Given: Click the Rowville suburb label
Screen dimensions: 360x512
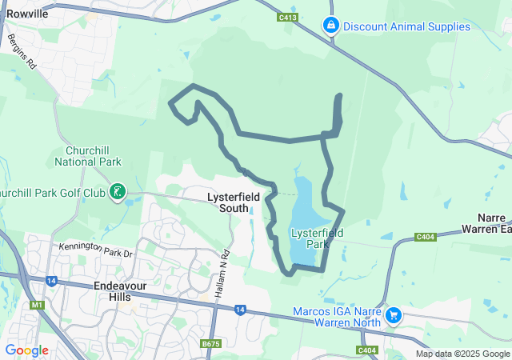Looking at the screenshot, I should [27, 14].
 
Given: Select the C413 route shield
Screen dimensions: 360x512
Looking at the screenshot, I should [288, 17].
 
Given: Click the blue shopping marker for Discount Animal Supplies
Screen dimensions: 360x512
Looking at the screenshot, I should [330, 26].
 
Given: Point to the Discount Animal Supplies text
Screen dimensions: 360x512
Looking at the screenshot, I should [406, 26].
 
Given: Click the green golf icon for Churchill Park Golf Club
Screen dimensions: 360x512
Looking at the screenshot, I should [118, 190].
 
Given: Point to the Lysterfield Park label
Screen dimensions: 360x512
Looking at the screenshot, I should [317, 238].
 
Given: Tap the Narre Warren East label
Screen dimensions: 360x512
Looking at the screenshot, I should [487, 223].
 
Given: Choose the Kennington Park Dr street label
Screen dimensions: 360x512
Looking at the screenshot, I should [94, 250].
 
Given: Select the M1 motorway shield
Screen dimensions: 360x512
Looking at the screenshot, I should [35, 305].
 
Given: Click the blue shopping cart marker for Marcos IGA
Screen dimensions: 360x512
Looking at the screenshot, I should [393, 315].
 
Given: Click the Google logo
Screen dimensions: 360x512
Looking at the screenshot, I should [26, 350].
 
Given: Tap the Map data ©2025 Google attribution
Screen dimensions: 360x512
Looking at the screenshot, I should [462, 354].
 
